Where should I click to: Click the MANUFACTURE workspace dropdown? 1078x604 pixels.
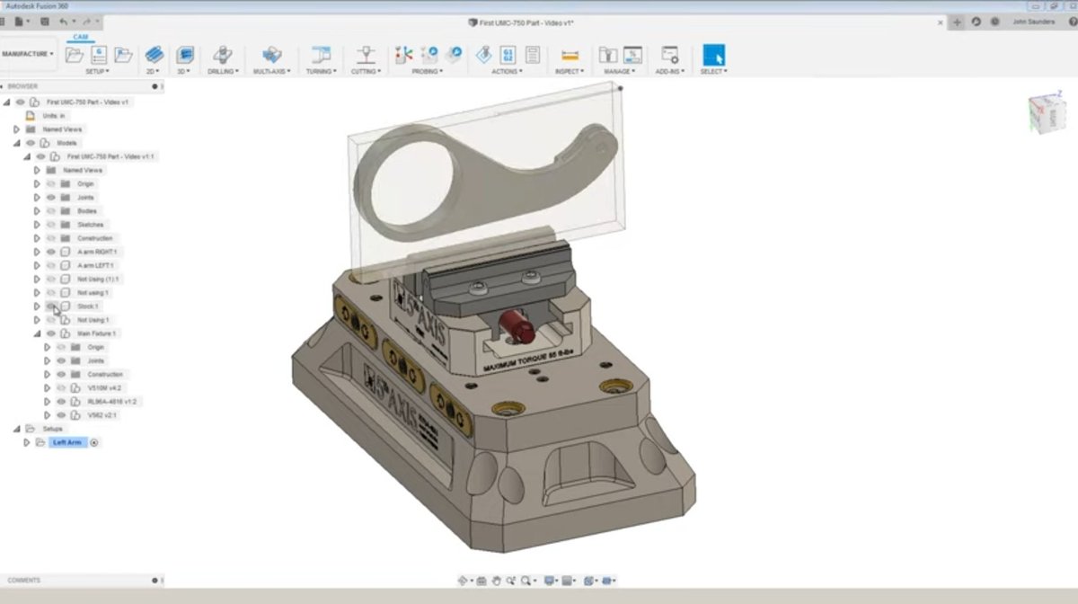pyautogui.click(x=28, y=54)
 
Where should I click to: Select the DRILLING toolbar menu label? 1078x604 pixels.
pyautogui.click(x=222, y=71)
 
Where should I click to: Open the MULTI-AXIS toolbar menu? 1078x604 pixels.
pyautogui.click(x=271, y=71)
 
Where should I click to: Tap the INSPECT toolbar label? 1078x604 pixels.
pyautogui.click(x=568, y=71)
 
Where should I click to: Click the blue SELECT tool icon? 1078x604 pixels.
pyautogui.click(x=713, y=55)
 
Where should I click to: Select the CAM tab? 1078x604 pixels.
pyautogui.click(x=81, y=37)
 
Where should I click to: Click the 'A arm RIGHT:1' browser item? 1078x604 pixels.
pyautogui.click(x=97, y=252)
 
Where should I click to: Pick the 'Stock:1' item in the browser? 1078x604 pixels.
pyautogui.click(x=88, y=306)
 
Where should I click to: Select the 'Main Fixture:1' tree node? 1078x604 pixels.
pyautogui.click(x=96, y=333)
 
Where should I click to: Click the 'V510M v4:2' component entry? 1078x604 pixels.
pyautogui.click(x=106, y=388)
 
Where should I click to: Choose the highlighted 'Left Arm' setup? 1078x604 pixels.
pyautogui.click(x=67, y=442)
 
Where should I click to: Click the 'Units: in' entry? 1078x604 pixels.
pyautogui.click(x=54, y=116)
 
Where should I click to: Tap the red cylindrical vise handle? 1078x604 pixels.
pyautogui.click(x=517, y=327)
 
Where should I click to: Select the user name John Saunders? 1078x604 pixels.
pyautogui.click(x=1033, y=22)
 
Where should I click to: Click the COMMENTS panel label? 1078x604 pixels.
pyautogui.click(x=24, y=581)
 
